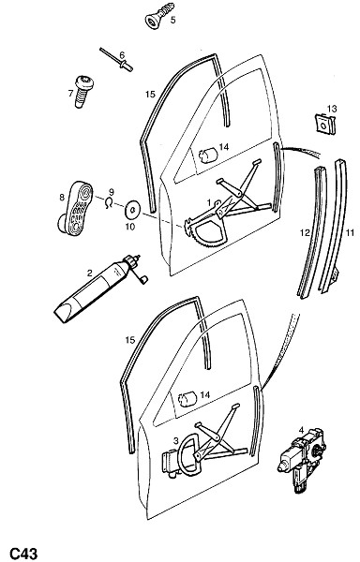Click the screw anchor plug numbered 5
click(159, 15)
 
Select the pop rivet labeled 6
click(116, 60)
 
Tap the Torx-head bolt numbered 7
click(83, 91)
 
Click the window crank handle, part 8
click(76, 208)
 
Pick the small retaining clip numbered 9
click(109, 202)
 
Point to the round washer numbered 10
click(132, 210)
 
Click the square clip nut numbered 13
click(325, 124)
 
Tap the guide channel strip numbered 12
click(313, 233)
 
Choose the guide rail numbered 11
click(334, 226)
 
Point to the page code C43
click(23, 553)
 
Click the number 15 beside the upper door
click(150, 94)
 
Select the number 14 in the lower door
click(204, 394)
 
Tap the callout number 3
click(175, 440)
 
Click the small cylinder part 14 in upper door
click(208, 155)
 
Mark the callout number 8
click(62, 197)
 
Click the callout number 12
click(305, 233)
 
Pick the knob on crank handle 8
click(64, 224)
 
